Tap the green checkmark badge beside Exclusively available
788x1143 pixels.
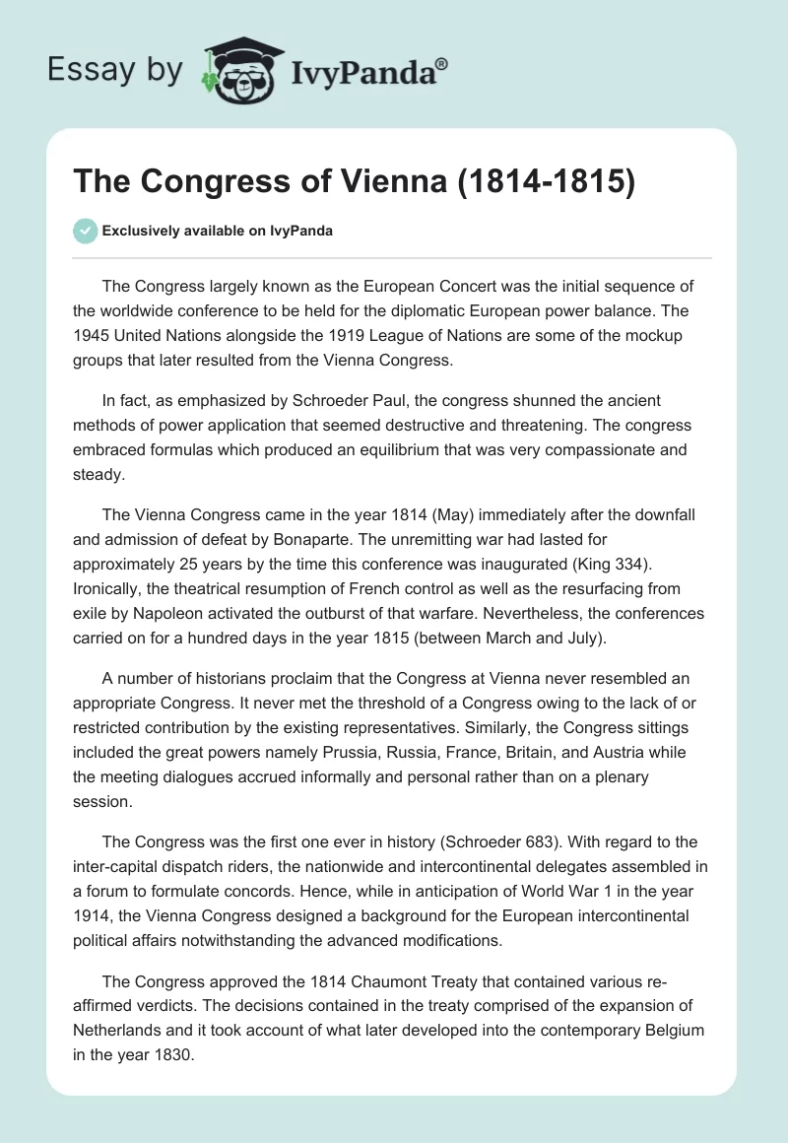(85, 231)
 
